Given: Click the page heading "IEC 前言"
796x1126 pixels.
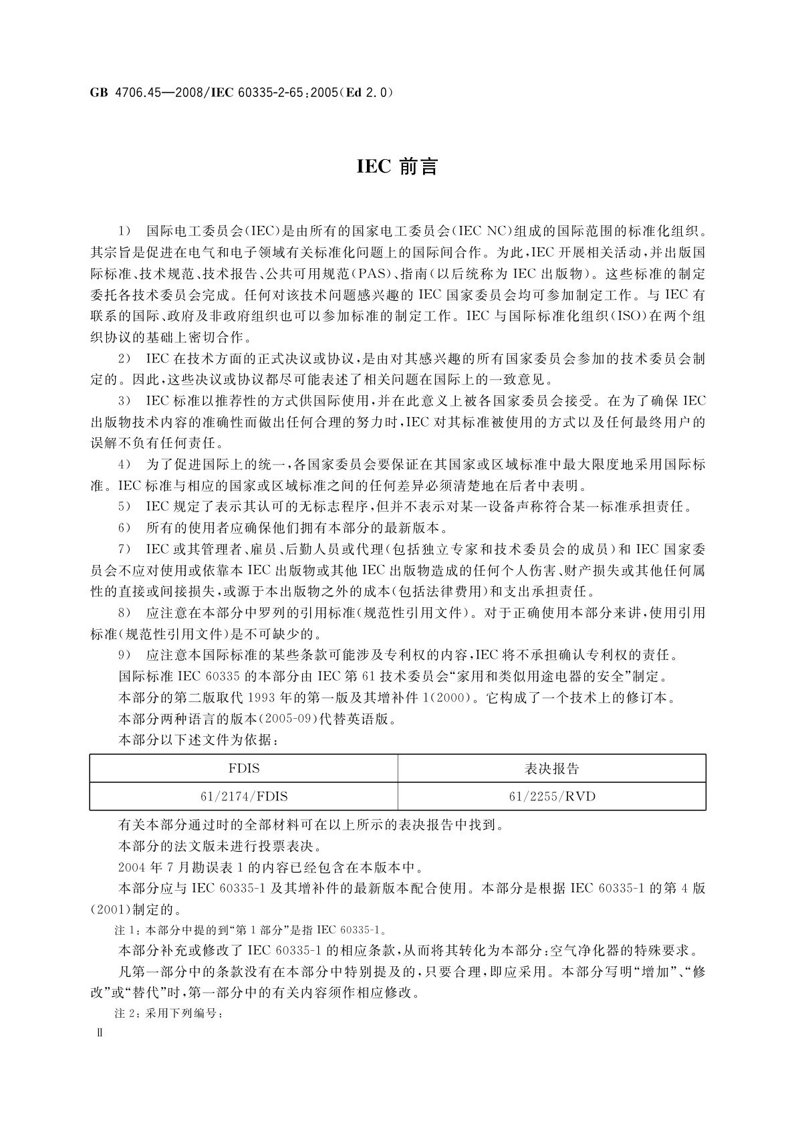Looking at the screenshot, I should pyautogui.click(x=397, y=166).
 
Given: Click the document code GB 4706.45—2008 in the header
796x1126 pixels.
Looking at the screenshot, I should pyautogui.click(x=145, y=92).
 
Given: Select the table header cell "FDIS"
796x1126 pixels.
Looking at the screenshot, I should pyautogui.click(x=244, y=768).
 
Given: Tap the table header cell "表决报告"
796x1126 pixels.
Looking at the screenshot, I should pyautogui.click(x=551, y=768).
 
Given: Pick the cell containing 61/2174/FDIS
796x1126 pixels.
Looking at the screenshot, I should pyautogui.click(x=244, y=796).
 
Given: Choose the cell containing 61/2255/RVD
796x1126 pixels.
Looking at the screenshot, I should pyautogui.click(x=551, y=796).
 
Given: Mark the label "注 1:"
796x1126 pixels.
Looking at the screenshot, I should pyautogui.click(x=127, y=930).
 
